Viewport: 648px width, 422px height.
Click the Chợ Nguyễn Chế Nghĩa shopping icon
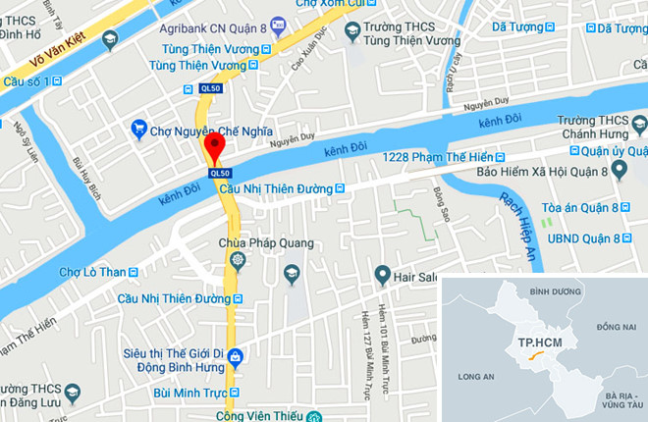click(x=138, y=129)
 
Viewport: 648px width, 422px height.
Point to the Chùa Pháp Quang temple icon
click(x=237, y=260)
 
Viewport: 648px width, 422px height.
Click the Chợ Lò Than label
click(x=93, y=272)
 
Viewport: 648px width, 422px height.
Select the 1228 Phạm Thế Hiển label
click(x=437, y=158)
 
